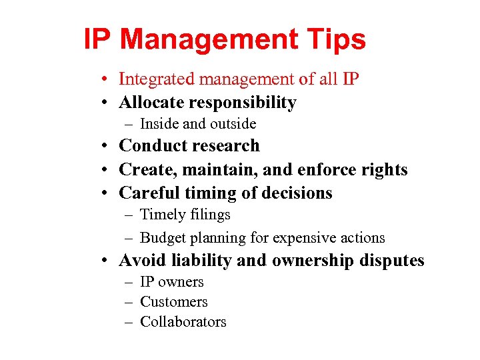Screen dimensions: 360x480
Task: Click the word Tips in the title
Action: pos(337,40)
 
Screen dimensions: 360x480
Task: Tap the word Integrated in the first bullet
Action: pos(151,79)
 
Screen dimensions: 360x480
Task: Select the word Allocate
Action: pos(151,103)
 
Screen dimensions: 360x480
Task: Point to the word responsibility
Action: pos(243,103)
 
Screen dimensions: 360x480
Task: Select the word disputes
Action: pos(391,261)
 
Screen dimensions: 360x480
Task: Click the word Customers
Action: pos(174,302)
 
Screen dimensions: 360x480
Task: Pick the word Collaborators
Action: pos(183,322)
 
